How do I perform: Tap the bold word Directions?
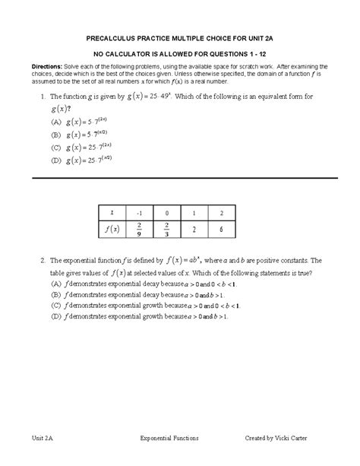coord(47,68)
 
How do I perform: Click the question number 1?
coord(44,97)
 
